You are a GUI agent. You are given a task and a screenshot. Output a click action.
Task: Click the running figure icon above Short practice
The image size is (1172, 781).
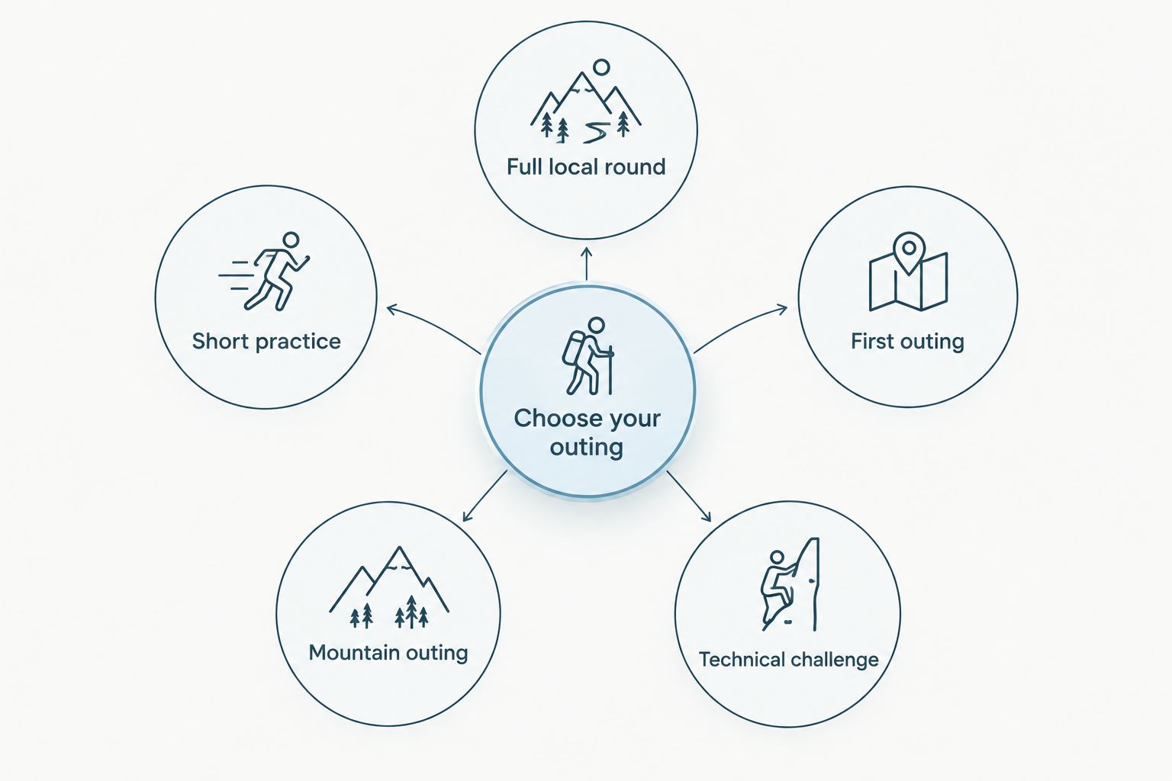pos(264,272)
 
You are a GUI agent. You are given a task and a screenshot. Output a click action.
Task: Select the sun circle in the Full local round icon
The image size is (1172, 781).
pos(602,67)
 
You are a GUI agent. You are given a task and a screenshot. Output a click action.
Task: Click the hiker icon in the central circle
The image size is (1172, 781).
pos(588,355)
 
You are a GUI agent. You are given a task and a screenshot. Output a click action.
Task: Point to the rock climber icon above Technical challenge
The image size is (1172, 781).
pos(790,584)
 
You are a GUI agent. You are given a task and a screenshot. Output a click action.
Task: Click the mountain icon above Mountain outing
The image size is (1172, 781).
pos(388,587)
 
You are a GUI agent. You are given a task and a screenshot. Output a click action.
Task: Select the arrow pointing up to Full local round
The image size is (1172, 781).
pos(587,263)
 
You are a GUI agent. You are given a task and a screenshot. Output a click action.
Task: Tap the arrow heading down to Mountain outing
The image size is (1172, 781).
pos(485,496)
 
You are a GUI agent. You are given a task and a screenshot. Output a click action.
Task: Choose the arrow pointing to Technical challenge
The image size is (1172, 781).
pos(688,497)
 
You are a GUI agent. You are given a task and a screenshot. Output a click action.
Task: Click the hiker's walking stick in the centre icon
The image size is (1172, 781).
pos(610,369)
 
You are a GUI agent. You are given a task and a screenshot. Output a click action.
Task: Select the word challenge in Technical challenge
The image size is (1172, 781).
pos(832,660)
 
